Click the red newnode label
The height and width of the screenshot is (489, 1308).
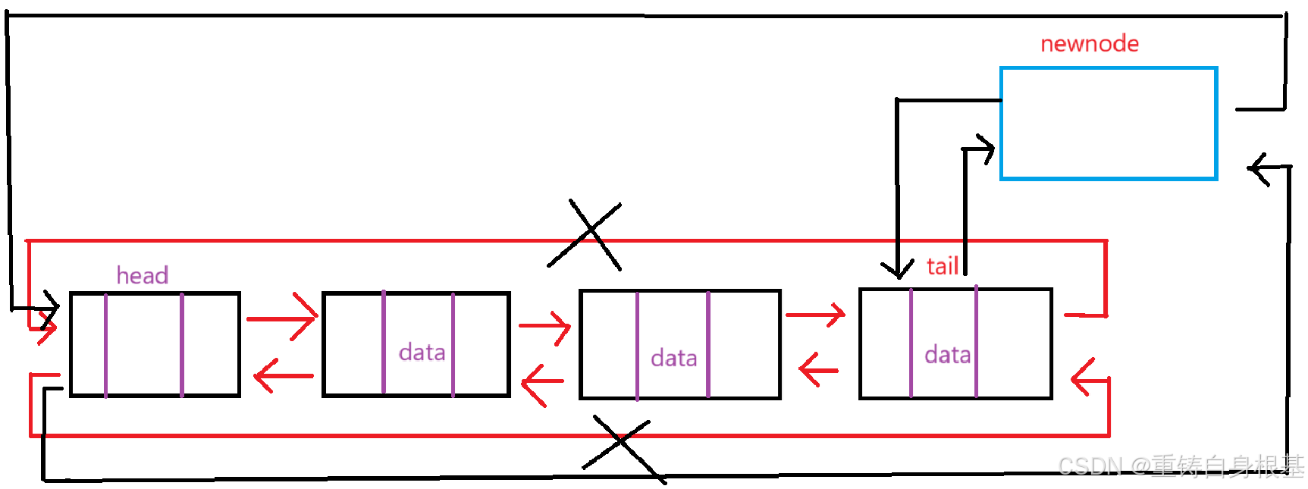click(1089, 44)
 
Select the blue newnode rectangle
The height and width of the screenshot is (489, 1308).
click(1109, 124)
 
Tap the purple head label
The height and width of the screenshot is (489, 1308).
click(143, 275)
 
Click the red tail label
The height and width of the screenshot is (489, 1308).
click(942, 266)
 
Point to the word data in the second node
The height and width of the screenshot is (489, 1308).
click(422, 353)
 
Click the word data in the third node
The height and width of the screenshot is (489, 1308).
click(673, 358)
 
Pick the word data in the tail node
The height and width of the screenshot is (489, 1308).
click(947, 355)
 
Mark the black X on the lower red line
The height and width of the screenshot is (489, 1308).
click(620, 447)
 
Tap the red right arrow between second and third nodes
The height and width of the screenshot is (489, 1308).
click(545, 327)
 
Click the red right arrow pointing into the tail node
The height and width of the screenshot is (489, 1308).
click(816, 314)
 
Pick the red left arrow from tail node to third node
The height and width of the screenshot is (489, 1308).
click(818, 370)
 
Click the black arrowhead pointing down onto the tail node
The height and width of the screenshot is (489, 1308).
click(898, 268)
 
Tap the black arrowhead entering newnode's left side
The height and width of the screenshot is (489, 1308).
click(983, 149)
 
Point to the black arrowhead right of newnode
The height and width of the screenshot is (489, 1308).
click(1260, 168)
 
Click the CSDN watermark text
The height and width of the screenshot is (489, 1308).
click(1180, 465)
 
